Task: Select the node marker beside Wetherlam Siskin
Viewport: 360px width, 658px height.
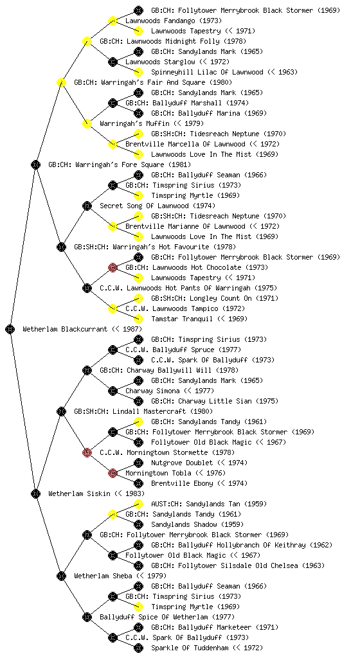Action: tap(35, 493)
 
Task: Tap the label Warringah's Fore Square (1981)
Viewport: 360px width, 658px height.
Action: tap(120, 164)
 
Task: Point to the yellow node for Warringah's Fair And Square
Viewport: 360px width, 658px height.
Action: tap(61, 82)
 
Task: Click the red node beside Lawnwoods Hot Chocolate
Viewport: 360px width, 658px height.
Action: tap(113, 267)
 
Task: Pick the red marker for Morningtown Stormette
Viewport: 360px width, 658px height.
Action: tap(87, 452)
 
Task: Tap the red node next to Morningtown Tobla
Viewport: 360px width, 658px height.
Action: tap(113, 473)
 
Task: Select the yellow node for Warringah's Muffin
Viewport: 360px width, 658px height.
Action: tap(87, 123)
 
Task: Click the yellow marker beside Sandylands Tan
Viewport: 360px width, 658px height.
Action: tap(138, 504)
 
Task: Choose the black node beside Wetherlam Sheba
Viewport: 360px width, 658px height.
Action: tap(61, 576)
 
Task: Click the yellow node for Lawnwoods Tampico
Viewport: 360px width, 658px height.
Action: tap(113, 308)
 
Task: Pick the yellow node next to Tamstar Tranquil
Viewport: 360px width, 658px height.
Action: tap(138, 319)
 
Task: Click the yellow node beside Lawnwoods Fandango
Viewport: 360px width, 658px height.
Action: tap(113, 21)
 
